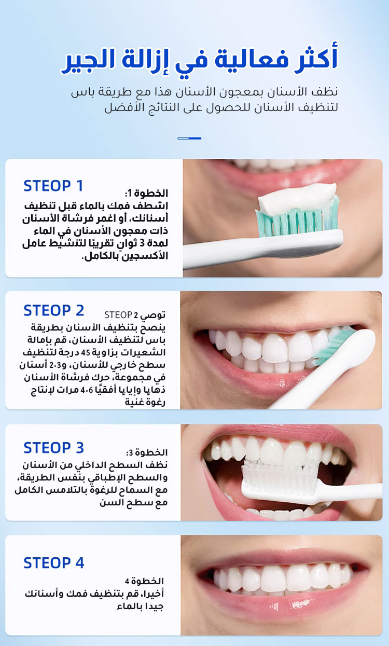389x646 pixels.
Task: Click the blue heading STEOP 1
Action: coord(53,186)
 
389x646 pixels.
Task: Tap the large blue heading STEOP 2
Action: coord(54,311)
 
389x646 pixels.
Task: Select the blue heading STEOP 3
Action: coord(54,448)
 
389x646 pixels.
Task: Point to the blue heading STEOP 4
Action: coord(54,563)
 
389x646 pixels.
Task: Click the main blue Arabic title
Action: coord(199,59)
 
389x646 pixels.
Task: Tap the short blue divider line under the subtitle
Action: coord(189,139)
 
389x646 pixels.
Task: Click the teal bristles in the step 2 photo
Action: coord(331,348)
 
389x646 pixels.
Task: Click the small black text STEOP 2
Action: coord(121,315)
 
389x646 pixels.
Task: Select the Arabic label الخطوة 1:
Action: coord(146,193)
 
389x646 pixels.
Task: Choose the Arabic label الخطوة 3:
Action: coord(147,452)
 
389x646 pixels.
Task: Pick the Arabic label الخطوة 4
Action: coord(144,581)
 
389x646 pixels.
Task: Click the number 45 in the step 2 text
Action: coord(86,353)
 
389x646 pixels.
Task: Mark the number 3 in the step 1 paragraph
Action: coord(142,243)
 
